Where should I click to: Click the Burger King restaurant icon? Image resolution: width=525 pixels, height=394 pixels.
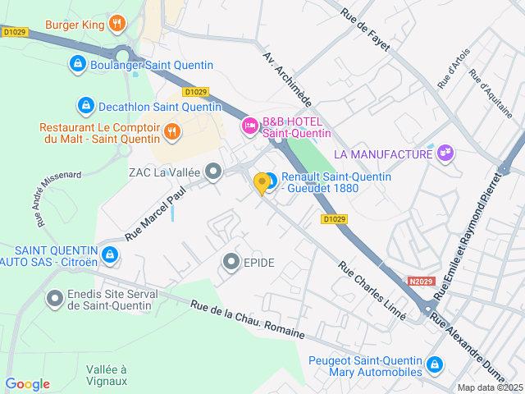tap(117, 23)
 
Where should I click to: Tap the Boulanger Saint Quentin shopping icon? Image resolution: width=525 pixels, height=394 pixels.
tap(77, 64)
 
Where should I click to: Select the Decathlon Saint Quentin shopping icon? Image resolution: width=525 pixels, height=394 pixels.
tap(85, 105)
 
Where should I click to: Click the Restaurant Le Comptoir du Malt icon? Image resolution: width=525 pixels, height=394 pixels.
tap(172, 130)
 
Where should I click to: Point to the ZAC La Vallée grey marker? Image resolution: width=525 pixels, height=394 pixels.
tap(214, 172)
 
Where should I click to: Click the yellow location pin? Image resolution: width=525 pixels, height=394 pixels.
tap(262, 183)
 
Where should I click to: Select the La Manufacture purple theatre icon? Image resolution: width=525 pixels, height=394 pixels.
tap(445, 153)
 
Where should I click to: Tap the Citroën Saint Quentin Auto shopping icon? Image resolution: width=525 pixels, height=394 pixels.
tap(110, 255)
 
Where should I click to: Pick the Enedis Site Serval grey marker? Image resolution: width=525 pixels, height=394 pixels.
tap(55, 299)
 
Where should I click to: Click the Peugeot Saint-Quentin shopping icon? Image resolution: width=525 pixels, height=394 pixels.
tap(435, 364)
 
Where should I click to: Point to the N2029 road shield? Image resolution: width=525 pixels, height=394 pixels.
tap(421, 281)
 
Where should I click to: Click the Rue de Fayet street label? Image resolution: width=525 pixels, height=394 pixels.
tap(366, 28)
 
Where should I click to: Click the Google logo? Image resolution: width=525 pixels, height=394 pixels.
tap(27, 384)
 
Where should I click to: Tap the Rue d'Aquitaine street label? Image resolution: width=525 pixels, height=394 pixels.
tap(490, 93)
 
